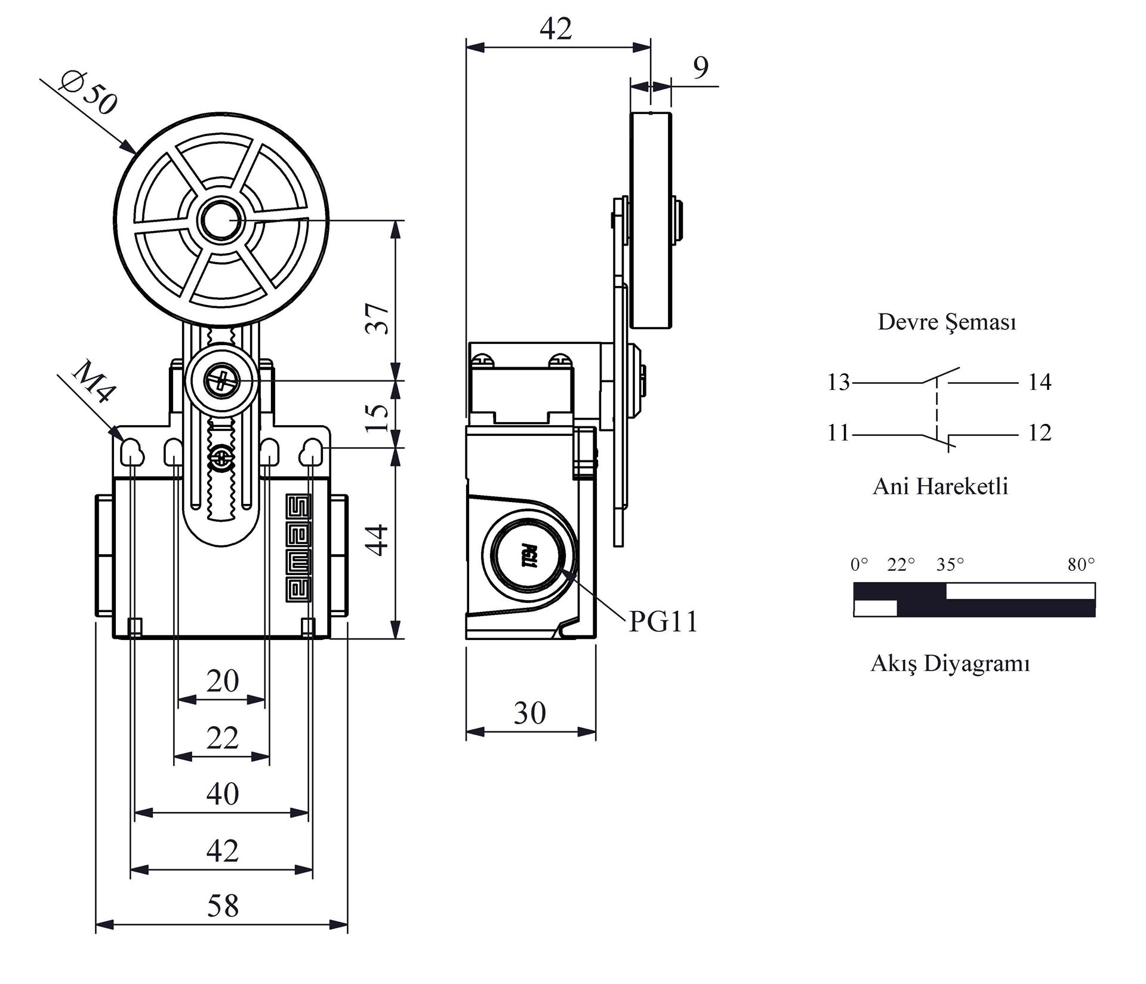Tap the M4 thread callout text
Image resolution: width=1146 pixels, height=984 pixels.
click(x=93, y=382)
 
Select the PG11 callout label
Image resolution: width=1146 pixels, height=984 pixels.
click(x=663, y=622)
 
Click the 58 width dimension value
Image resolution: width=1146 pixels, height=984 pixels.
click(x=223, y=906)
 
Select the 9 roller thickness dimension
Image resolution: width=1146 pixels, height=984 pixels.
click(x=701, y=67)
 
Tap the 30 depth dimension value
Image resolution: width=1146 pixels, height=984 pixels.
click(x=529, y=713)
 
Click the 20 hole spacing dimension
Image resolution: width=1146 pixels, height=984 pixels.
click(x=223, y=681)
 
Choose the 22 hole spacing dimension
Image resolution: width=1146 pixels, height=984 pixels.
click(x=223, y=739)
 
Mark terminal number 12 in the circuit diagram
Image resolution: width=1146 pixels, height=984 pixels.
click(x=1039, y=432)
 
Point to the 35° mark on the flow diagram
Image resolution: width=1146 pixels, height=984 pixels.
click(x=950, y=564)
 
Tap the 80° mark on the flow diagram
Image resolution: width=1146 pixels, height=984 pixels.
click(x=1081, y=564)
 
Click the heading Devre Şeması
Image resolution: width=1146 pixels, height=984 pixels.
click(x=947, y=322)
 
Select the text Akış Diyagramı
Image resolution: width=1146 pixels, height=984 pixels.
click(x=950, y=663)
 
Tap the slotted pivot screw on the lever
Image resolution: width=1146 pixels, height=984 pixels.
click(x=221, y=380)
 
